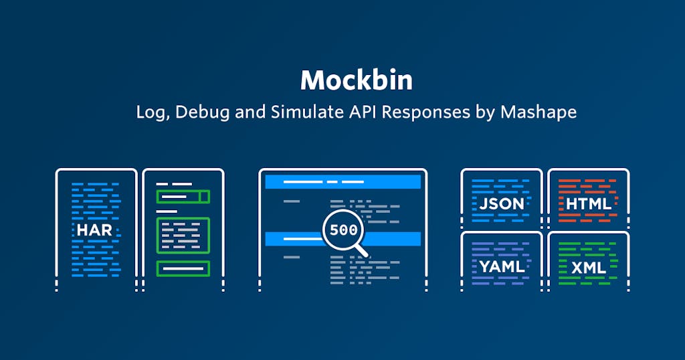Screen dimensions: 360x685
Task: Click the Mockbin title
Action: pos(356,80)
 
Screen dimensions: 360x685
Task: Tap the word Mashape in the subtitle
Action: pos(539,112)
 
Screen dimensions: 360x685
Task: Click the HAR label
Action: pos(94,230)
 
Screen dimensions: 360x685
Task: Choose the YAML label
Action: pos(502,267)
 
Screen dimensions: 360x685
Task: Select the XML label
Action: pos(589,268)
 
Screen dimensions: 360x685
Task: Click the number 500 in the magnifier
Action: pos(343,230)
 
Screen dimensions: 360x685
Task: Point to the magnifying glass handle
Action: pos(361,251)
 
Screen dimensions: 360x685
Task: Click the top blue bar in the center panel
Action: pos(342,181)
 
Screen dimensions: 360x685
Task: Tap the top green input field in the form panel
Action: pos(178,197)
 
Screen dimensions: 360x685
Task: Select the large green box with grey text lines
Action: pos(183,235)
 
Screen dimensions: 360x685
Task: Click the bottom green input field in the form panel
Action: pos(183,268)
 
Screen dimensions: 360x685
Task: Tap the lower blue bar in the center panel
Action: pos(294,238)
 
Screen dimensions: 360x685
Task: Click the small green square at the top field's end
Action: pos(205,197)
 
